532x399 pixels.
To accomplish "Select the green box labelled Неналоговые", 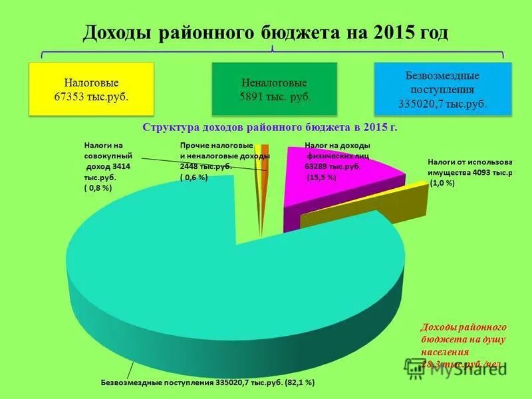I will point(275,90).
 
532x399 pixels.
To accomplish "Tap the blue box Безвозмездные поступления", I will point(442,90).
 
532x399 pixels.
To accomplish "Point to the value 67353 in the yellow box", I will point(68,96).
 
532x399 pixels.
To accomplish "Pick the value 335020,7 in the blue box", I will point(420,104).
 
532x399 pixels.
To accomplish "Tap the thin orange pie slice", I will point(264,166).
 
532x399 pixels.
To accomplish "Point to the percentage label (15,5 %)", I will point(321,178).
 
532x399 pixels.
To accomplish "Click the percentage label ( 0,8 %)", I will point(98,189).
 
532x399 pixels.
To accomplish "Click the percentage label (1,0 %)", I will point(442,183).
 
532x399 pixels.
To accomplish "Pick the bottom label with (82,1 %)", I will point(207,383).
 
